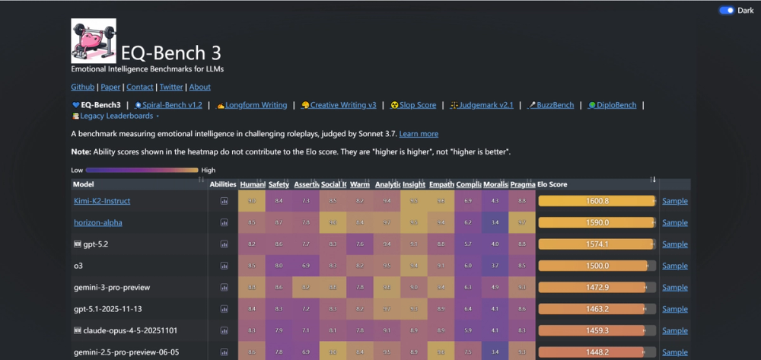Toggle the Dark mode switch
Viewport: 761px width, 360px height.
tap(726, 11)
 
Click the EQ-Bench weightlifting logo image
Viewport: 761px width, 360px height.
tap(93, 40)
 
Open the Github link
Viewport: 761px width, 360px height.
tap(82, 88)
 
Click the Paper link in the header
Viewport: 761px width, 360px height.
tap(110, 88)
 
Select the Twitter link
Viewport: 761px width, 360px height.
tap(171, 88)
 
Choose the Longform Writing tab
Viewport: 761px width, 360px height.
tap(252, 105)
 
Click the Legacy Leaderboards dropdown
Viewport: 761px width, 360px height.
tap(116, 116)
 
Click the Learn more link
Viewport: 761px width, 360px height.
tap(419, 134)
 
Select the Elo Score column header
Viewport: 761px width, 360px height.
tap(552, 184)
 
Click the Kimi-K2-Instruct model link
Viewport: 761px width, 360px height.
tap(102, 201)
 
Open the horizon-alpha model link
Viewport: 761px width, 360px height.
tap(98, 222)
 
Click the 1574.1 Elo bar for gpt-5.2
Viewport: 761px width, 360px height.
tap(597, 244)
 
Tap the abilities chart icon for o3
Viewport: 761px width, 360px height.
tap(224, 266)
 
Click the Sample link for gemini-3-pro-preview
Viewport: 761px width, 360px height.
tap(674, 288)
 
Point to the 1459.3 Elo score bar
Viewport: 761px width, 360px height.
tap(597, 331)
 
